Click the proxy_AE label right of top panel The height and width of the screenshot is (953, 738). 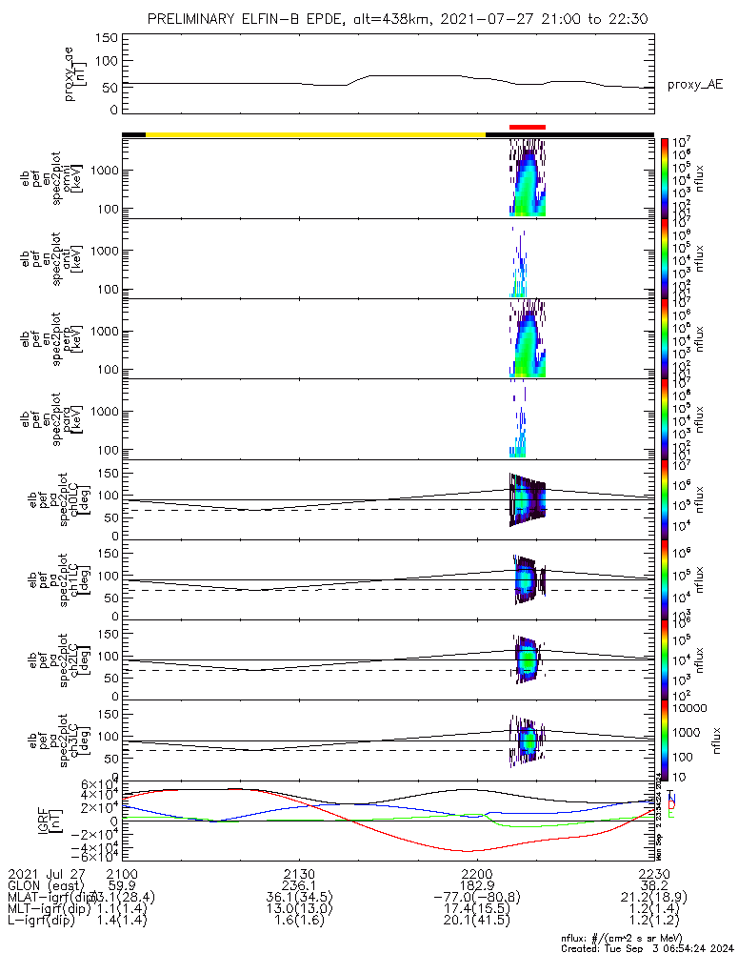pos(694,85)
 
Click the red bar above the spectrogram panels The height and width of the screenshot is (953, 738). pos(527,127)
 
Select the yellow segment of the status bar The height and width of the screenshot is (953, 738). pos(314,134)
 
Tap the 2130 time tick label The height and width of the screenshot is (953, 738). pos(299,874)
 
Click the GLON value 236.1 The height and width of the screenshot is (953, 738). pos(299,885)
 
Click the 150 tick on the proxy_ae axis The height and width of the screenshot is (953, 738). pos(107,38)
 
